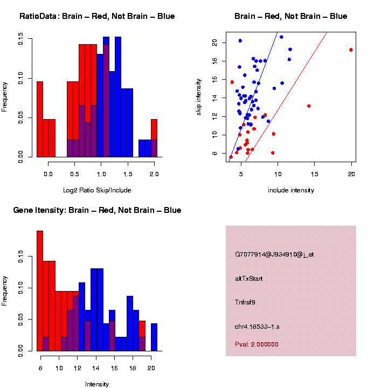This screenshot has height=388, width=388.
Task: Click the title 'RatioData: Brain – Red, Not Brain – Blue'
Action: [x=97, y=16]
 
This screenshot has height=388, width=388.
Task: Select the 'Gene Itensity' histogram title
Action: [x=97, y=210]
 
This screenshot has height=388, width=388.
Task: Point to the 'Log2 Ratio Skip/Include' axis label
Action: [x=97, y=190]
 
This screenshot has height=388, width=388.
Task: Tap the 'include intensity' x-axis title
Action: [x=291, y=190]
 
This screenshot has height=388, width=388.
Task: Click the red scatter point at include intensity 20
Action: [x=351, y=50]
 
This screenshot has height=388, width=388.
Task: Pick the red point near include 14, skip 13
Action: [x=309, y=106]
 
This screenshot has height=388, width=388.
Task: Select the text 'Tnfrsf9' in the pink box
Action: [x=245, y=302]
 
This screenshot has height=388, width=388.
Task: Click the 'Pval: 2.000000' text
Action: [x=257, y=344]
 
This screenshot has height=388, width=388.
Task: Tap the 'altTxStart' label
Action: [x=249, y=279]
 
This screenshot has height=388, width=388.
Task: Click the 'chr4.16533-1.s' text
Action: [x=258, y=327]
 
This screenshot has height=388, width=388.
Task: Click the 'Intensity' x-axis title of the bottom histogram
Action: [x=97, y=384]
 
